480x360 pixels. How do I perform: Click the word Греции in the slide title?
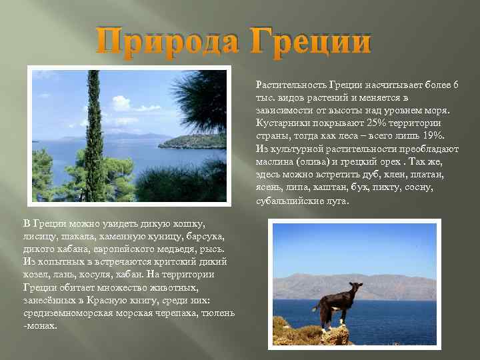[x=311, y=41]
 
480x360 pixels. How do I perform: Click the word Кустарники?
[x=281, y=123]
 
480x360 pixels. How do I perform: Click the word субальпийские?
[x=289, y=201]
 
